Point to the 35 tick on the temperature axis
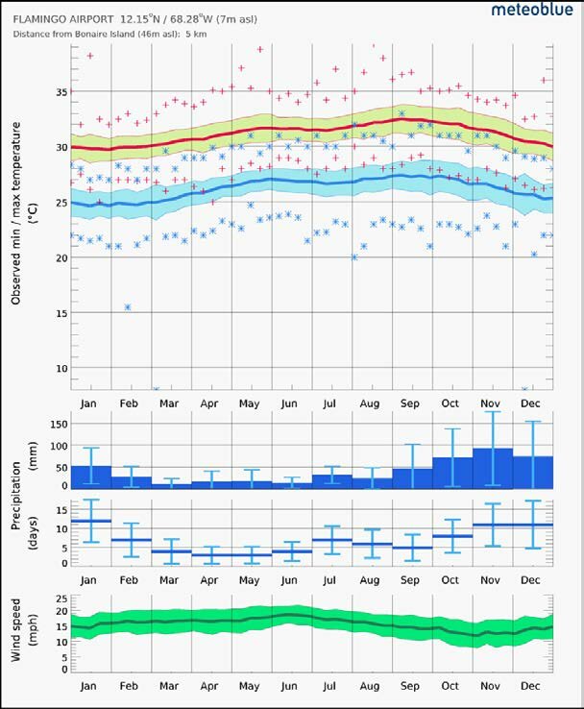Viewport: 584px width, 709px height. tap(61, 92)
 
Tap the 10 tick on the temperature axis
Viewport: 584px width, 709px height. tap(61, 368)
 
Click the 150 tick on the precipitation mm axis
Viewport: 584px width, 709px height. tap(56, 424)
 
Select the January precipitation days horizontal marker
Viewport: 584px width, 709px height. tap(90, 521)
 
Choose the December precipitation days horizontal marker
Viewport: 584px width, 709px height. tap(532, 525)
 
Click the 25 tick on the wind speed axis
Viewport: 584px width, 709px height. tap(61, 597)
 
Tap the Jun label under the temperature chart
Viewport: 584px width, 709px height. tap(290, 403)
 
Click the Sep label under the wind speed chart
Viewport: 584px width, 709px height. tap(411, 687)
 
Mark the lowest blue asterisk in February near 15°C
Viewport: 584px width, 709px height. tap(127, 307)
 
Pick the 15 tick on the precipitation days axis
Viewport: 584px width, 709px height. tap(61, 511)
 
